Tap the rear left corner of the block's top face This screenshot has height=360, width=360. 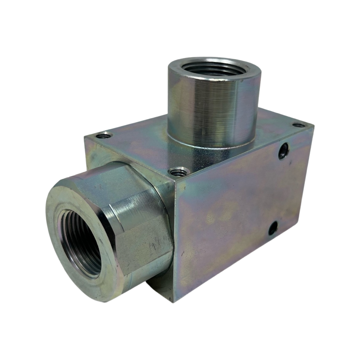85,136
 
